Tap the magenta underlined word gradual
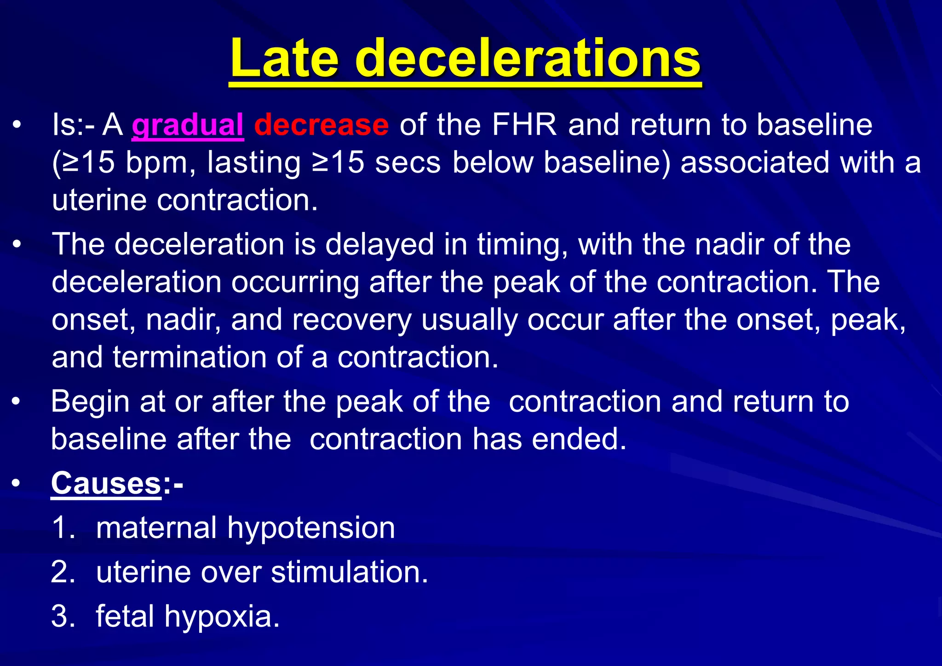[x=187, y=125]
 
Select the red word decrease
[x=321, y=125]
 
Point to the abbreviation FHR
[x=524, y=125]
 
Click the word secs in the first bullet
[x=408, y=162]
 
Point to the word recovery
[x=352, y=319]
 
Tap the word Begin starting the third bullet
[x=90, y=402]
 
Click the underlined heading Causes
[x=106, y=483]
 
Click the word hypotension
[x=311, y=527]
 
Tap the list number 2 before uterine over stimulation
[x=63, y=572]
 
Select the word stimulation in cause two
[x=350, y=572]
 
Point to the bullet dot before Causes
[x=17, y=483]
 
